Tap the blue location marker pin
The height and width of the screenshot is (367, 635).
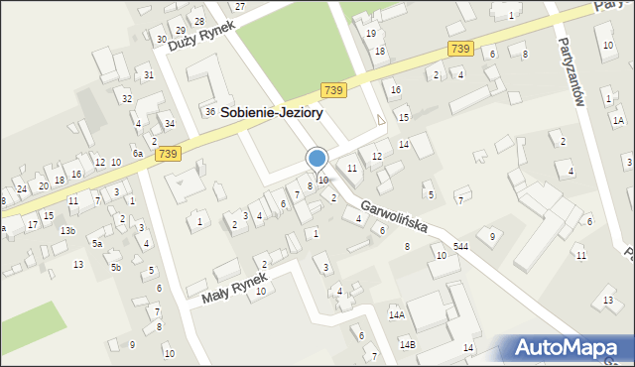317,159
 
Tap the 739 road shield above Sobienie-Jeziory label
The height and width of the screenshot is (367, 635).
333,90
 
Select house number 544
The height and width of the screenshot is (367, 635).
460,245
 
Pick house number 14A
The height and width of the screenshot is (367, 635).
396,314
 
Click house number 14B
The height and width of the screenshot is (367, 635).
407,343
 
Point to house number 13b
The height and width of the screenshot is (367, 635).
67,230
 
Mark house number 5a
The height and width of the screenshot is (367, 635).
97,243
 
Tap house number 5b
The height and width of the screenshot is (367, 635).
116,267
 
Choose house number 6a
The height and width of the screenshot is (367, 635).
139,154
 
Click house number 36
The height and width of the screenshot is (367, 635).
210,111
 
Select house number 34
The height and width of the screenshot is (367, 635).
170,123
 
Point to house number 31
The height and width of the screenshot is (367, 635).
148,74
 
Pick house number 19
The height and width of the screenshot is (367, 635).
371,33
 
